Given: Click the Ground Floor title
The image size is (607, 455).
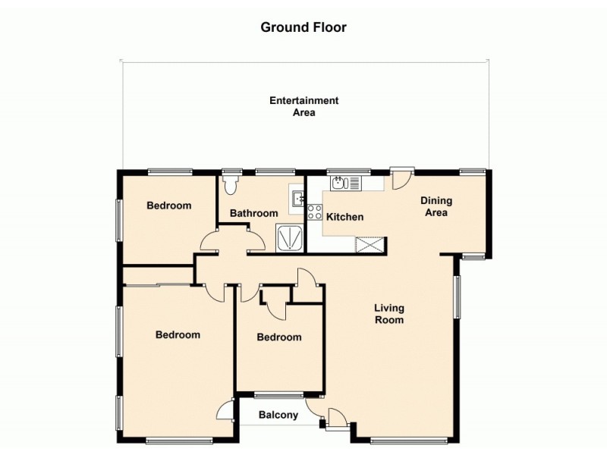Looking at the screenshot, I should [x=303, y=27].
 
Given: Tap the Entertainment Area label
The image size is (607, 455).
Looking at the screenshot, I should [x=303, y=106].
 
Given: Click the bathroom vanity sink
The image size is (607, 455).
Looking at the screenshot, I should [x=298, y=199].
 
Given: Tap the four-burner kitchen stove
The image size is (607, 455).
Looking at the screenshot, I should [x=315, y=212].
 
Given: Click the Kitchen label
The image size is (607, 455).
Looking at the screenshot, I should [x=344, y=217].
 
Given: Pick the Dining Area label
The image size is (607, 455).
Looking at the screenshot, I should [x=436, y=206].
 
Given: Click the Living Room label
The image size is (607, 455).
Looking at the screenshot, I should [x=388, y=314].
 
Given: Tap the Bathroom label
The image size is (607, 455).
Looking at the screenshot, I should [x=254, y=213].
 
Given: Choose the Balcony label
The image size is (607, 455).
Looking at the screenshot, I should [x=278, y=415].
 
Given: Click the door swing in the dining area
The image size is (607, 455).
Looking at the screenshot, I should [x=400, y=179].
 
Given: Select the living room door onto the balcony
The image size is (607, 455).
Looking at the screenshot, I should [x=334, y=418].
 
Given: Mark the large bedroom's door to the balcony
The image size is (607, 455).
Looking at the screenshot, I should [x=225, y=410].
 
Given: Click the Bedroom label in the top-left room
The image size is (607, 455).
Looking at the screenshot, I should [x=168, y=206].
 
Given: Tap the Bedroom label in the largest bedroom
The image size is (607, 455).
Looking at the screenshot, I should [x=178, y=334].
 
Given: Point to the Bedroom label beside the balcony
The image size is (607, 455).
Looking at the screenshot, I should [x=278, y=337].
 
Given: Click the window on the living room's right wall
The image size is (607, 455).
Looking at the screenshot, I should [x=457, y=297].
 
